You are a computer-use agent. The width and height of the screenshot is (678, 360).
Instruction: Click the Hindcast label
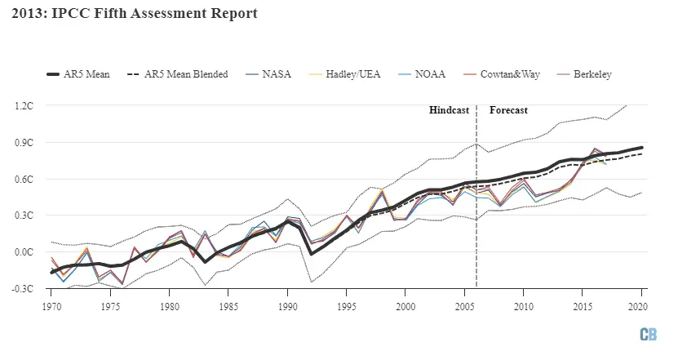449,110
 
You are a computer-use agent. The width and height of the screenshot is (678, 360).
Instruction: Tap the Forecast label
508,110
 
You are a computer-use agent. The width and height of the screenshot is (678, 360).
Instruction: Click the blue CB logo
649,336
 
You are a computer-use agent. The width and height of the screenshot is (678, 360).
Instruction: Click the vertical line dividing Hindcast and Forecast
476,204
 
